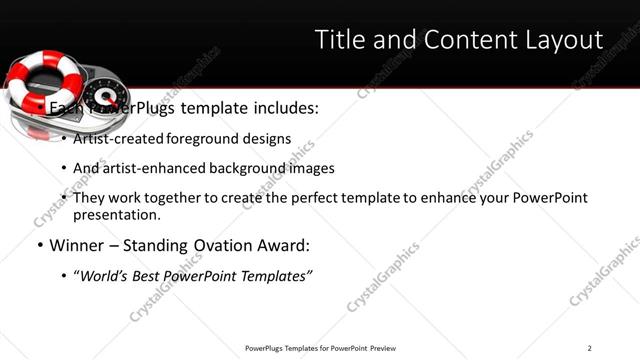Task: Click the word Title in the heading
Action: [340, 40]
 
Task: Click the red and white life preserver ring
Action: [35, 85]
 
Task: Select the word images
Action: [311, 168]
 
